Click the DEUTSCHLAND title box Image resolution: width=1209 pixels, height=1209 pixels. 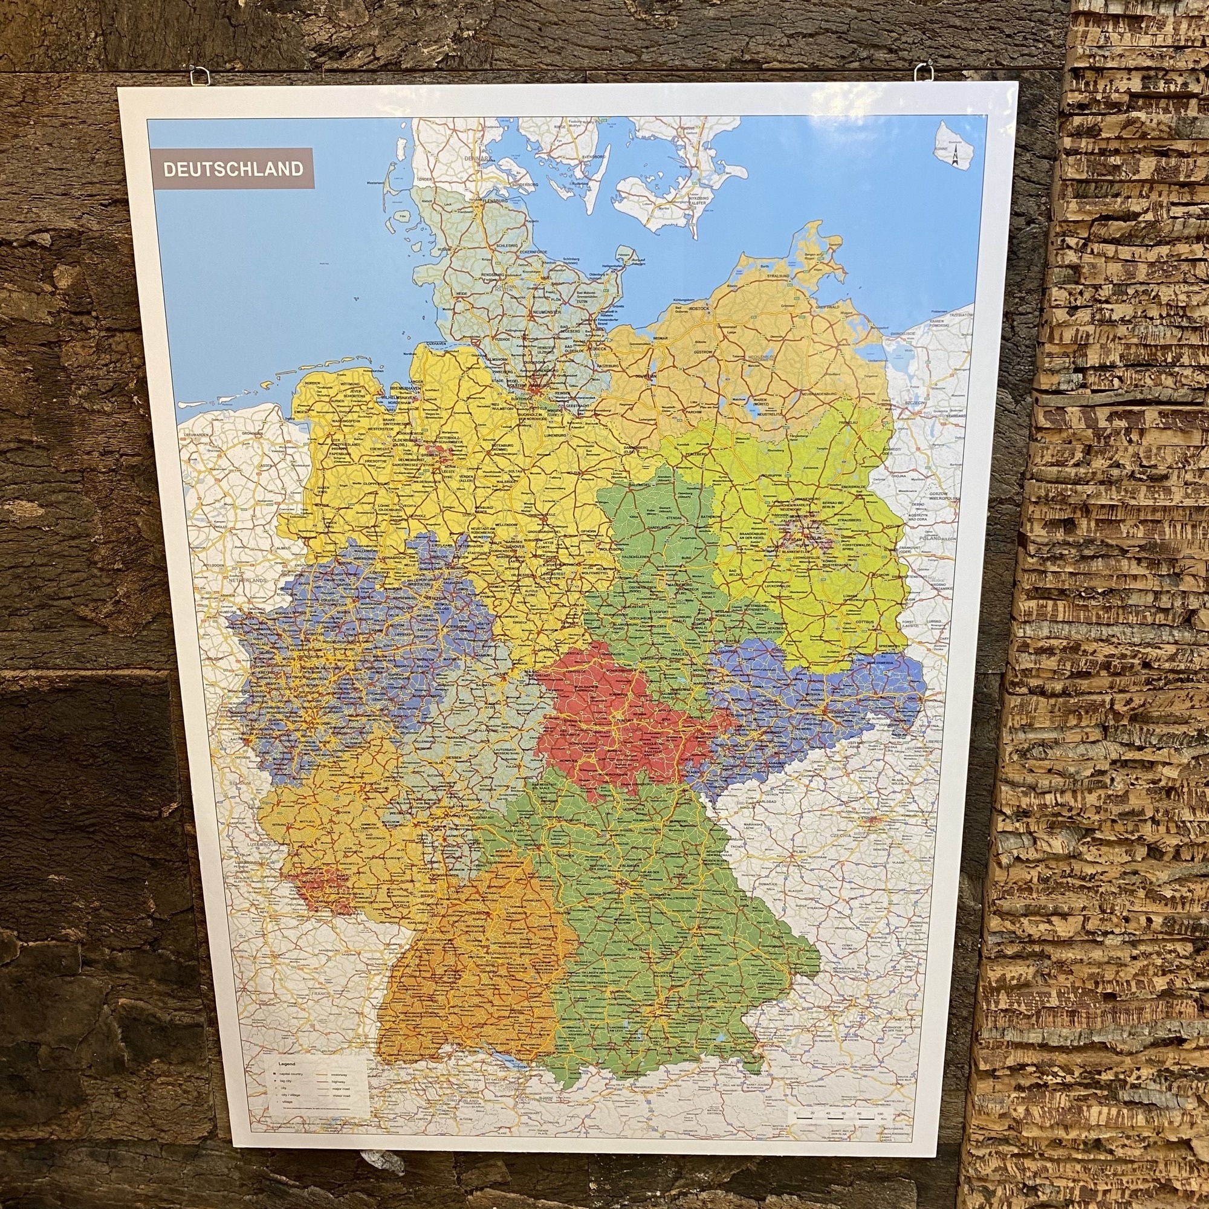[233, 168]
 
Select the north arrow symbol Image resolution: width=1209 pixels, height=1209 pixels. [956, 157]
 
